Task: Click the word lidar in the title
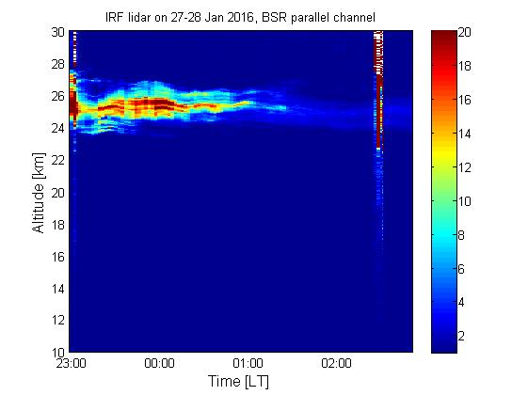pos(138,17)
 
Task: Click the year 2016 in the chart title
pos(240,17)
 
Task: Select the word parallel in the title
pos(310,18)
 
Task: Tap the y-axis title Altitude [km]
pos(38,193)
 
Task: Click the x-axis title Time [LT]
pos(238,381)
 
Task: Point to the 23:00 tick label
pos(71,363)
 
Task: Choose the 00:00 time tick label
pos(159,363)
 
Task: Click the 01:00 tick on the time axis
pos(248,363)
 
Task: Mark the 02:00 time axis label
pos(336,363)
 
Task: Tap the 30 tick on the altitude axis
pos(58,32)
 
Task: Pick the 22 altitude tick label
pos(58,160)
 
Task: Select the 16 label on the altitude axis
pos(58,257)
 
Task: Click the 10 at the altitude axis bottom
pos(58,353)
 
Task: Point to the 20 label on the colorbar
pos(465,32)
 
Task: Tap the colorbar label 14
pos(465,134)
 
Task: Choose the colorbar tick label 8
pos(461,235)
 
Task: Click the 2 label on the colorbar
pos(461,336)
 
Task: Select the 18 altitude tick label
pos(58,225)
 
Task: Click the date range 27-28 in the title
pos(186,17)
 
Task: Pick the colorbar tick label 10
pos(465,201)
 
